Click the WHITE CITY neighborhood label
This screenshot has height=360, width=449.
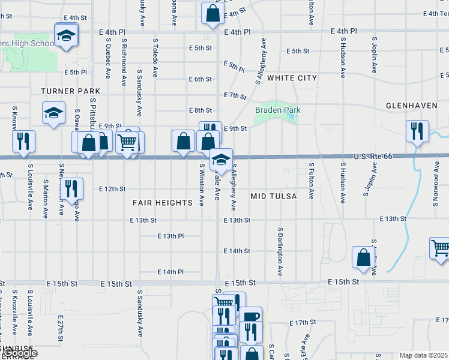pos(292,78)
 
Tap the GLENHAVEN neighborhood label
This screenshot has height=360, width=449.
pos(412,106)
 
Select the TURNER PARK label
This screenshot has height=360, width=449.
pos(71,91)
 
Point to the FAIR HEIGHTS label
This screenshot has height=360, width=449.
pos(162,203)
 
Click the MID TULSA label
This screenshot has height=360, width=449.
pos(274,196)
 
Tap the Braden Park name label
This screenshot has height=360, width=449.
pos(277,110)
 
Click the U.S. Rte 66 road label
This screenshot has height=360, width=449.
pos(373,156)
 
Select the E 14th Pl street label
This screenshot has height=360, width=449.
pos(170,272)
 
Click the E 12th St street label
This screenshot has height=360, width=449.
pos(112,188)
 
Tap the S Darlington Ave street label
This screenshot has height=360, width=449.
pos(280,251)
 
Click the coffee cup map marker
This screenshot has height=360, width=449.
pos(251,316)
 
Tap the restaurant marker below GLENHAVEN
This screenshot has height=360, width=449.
pos(417,131)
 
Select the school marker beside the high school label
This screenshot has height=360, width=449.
pos(67,35)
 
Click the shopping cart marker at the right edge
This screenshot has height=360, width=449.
pos(441,248)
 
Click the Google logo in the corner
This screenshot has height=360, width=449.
pos(19,353)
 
